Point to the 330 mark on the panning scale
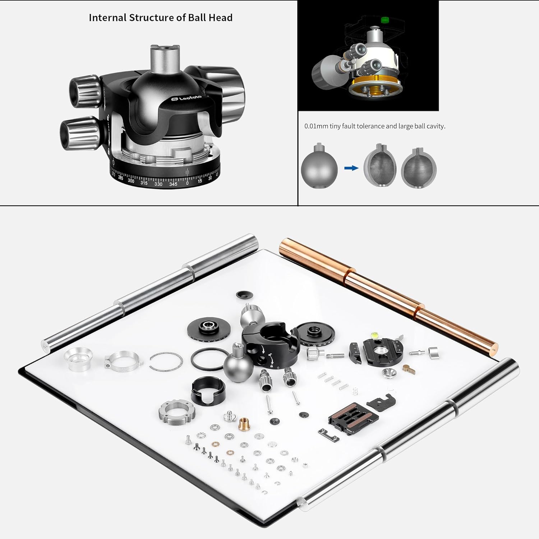point(158,184)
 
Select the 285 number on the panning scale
point(120,178)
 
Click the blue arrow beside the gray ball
point(351,168)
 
